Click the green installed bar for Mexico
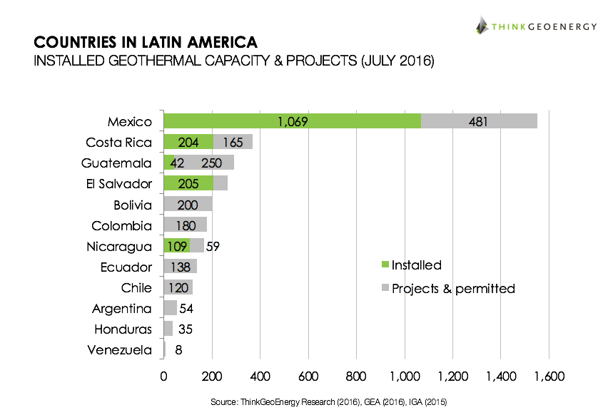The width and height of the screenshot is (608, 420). pos(292,121)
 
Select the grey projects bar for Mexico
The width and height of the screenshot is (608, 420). pos(479,121)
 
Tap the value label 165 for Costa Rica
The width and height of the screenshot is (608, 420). pos(233,142)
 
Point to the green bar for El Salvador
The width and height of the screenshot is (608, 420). pos(188,184)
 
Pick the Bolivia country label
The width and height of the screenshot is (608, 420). pos(133,205)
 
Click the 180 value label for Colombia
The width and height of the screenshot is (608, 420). pos(186,226)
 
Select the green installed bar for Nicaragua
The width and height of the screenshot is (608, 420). pos(176,247)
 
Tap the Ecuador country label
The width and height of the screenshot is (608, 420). pos(126,267)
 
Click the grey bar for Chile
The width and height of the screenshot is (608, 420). pos(178,288)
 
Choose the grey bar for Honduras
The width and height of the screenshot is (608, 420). pos(168,329)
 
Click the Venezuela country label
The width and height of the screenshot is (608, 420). pos(119,350)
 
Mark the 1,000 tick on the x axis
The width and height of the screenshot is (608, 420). pos(405,376)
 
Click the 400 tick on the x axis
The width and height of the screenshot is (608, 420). pos(260,376)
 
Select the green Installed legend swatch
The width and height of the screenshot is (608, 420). pos(386,265)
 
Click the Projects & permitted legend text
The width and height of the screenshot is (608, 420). pos(453,289)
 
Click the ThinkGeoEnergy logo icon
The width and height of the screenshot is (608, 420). pos(482,25)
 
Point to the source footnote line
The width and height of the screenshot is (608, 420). pos(328,403)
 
